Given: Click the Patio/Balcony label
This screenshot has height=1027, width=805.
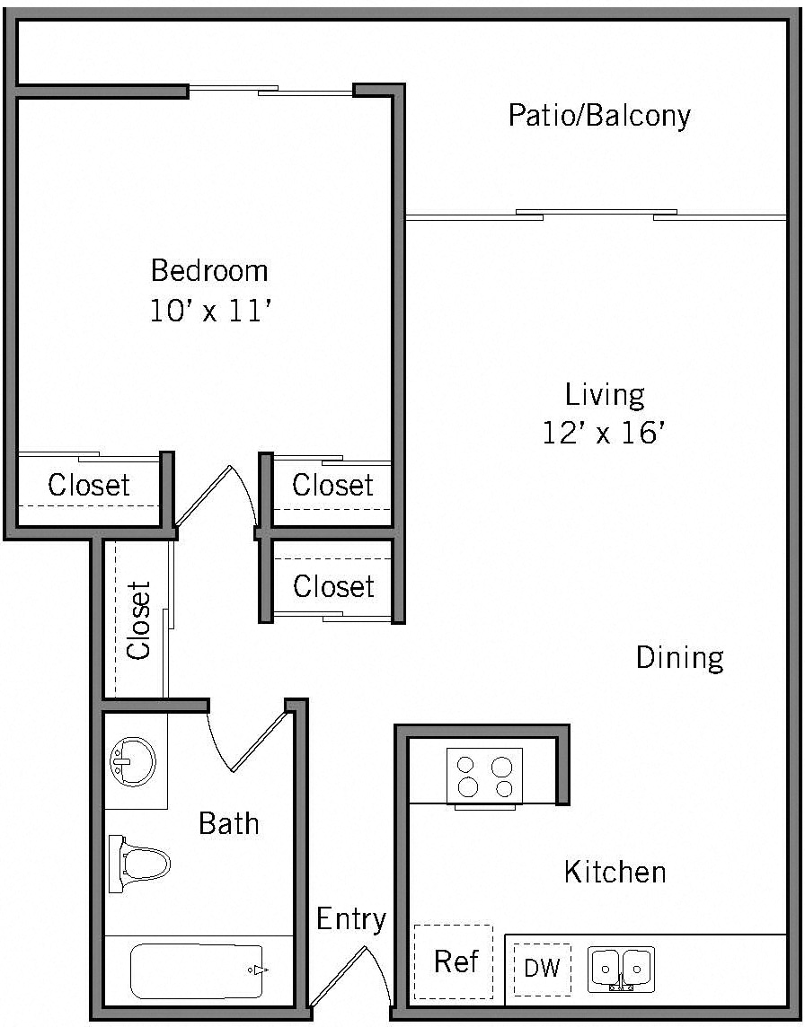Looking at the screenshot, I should [599, 116].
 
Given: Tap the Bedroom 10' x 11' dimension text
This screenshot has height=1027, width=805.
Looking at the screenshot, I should [210, 312].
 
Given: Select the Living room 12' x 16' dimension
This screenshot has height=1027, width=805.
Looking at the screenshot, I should [604, 434].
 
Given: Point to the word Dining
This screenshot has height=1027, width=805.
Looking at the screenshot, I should [679, 657].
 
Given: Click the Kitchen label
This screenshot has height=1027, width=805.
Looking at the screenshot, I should [615, 871].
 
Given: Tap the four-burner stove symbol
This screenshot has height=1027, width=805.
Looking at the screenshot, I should [484, 777].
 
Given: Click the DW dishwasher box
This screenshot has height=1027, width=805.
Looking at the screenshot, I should [542, 969].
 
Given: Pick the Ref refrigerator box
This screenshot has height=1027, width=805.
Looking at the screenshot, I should [455, 961].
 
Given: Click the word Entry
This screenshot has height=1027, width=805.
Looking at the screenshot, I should [351, 918].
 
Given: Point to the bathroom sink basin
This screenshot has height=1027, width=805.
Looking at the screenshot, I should [131, 762].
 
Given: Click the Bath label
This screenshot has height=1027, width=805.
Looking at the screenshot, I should [228, 822].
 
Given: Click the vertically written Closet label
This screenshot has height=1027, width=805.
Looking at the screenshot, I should [139, 620].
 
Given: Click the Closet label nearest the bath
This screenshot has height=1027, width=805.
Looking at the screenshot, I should [139, 620].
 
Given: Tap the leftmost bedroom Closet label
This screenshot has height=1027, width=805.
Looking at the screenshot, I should [89, 485].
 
